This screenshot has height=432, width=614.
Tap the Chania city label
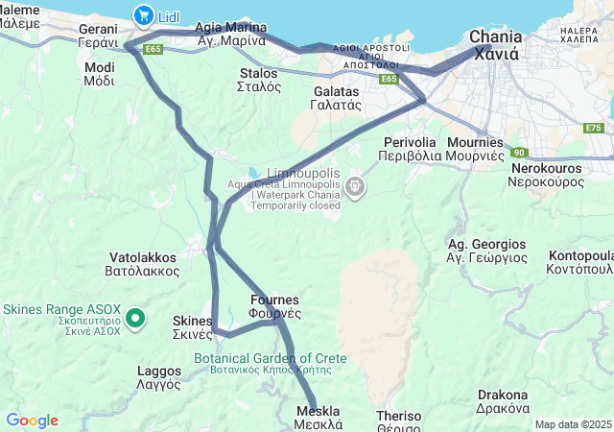coord(495,45)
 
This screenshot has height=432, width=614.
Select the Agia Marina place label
coord(230,34)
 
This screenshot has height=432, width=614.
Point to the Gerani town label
coord(98,36)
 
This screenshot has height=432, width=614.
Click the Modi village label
coord(99,74)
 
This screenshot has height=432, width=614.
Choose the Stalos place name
coord(259,79)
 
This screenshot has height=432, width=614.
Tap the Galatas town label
coord(337,98)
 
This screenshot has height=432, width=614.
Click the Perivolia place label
coord(410,148)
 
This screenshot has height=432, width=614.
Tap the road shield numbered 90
coord(519,152)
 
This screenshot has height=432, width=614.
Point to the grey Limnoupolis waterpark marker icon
coord(356,184)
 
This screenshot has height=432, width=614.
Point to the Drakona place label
coord(503,401)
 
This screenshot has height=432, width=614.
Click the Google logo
coord(32,420)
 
